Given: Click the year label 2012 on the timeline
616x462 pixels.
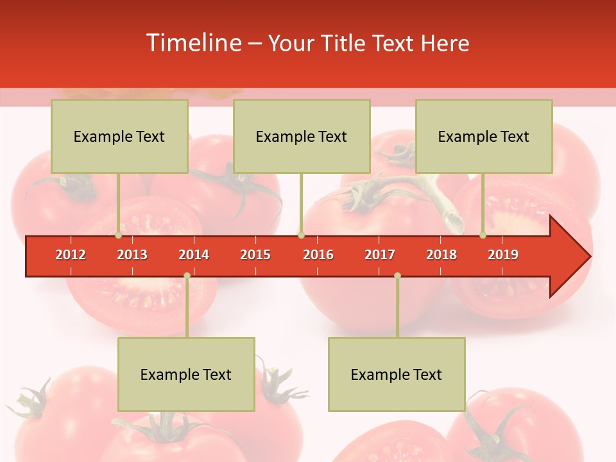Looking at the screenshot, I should click(71, 255).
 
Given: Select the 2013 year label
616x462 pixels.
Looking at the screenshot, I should click(132, 255).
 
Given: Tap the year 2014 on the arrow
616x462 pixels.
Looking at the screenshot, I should click(194, 255).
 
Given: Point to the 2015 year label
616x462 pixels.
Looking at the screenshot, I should click(255, 255).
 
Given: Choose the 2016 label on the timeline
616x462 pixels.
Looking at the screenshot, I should click(318, 255).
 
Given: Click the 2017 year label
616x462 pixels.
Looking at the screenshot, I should click(380, 255).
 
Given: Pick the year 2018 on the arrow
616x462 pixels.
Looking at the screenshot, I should click(441, 255).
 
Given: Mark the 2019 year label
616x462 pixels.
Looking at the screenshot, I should click(503, 255).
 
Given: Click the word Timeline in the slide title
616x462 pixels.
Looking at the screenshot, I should click(193, 43).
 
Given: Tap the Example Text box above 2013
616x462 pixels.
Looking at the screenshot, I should click(119, 136).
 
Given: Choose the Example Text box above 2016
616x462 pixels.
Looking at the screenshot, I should click(302, 136).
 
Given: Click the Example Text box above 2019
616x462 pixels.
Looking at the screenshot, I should click(484, 136).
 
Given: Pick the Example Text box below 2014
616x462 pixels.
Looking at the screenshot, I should click(186, 374).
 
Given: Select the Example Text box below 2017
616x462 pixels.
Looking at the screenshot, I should click(397, 374).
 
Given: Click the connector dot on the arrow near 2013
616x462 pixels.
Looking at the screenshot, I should click(119, 235).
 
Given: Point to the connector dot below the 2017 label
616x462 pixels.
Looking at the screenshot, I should click(397, 276).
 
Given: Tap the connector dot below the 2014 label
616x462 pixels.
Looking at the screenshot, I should click(187, 276).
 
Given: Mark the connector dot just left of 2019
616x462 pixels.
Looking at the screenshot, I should click(483, 235).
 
